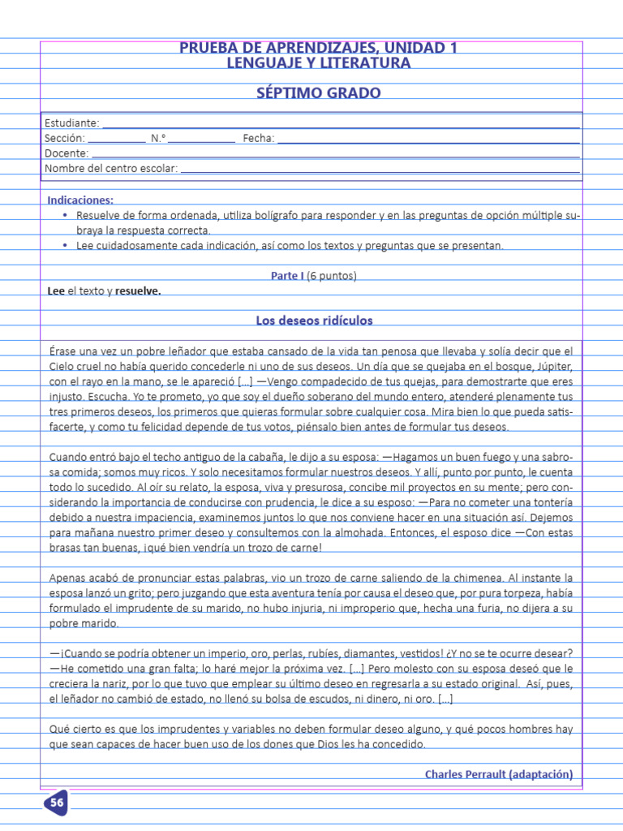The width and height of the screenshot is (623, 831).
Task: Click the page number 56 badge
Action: (56, 803)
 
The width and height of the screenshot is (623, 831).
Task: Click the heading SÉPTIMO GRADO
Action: (318, 93)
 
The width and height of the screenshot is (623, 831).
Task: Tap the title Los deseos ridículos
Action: (314, 321)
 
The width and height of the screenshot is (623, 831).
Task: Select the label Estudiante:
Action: (72, 123)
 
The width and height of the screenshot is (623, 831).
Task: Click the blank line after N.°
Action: (202, 140)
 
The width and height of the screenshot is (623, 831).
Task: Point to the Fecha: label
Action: (259, 139)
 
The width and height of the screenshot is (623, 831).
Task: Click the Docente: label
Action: (67, 153)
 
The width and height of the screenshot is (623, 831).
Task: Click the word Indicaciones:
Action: (80, 200)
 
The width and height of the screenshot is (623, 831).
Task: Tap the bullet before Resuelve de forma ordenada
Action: (65, 216)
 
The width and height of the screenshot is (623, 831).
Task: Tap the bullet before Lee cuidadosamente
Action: (65, 246)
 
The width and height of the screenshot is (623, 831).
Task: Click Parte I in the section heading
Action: (288, 276)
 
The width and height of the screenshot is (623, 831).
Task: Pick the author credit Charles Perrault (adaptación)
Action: (498, 774)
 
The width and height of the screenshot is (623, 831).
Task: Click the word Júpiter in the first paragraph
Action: (553, 366)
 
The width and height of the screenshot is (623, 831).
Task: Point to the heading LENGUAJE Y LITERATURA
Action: (318, 63)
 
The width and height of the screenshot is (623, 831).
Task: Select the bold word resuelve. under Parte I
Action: (138, 291)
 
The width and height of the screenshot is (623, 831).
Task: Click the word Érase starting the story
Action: (63, 351)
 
